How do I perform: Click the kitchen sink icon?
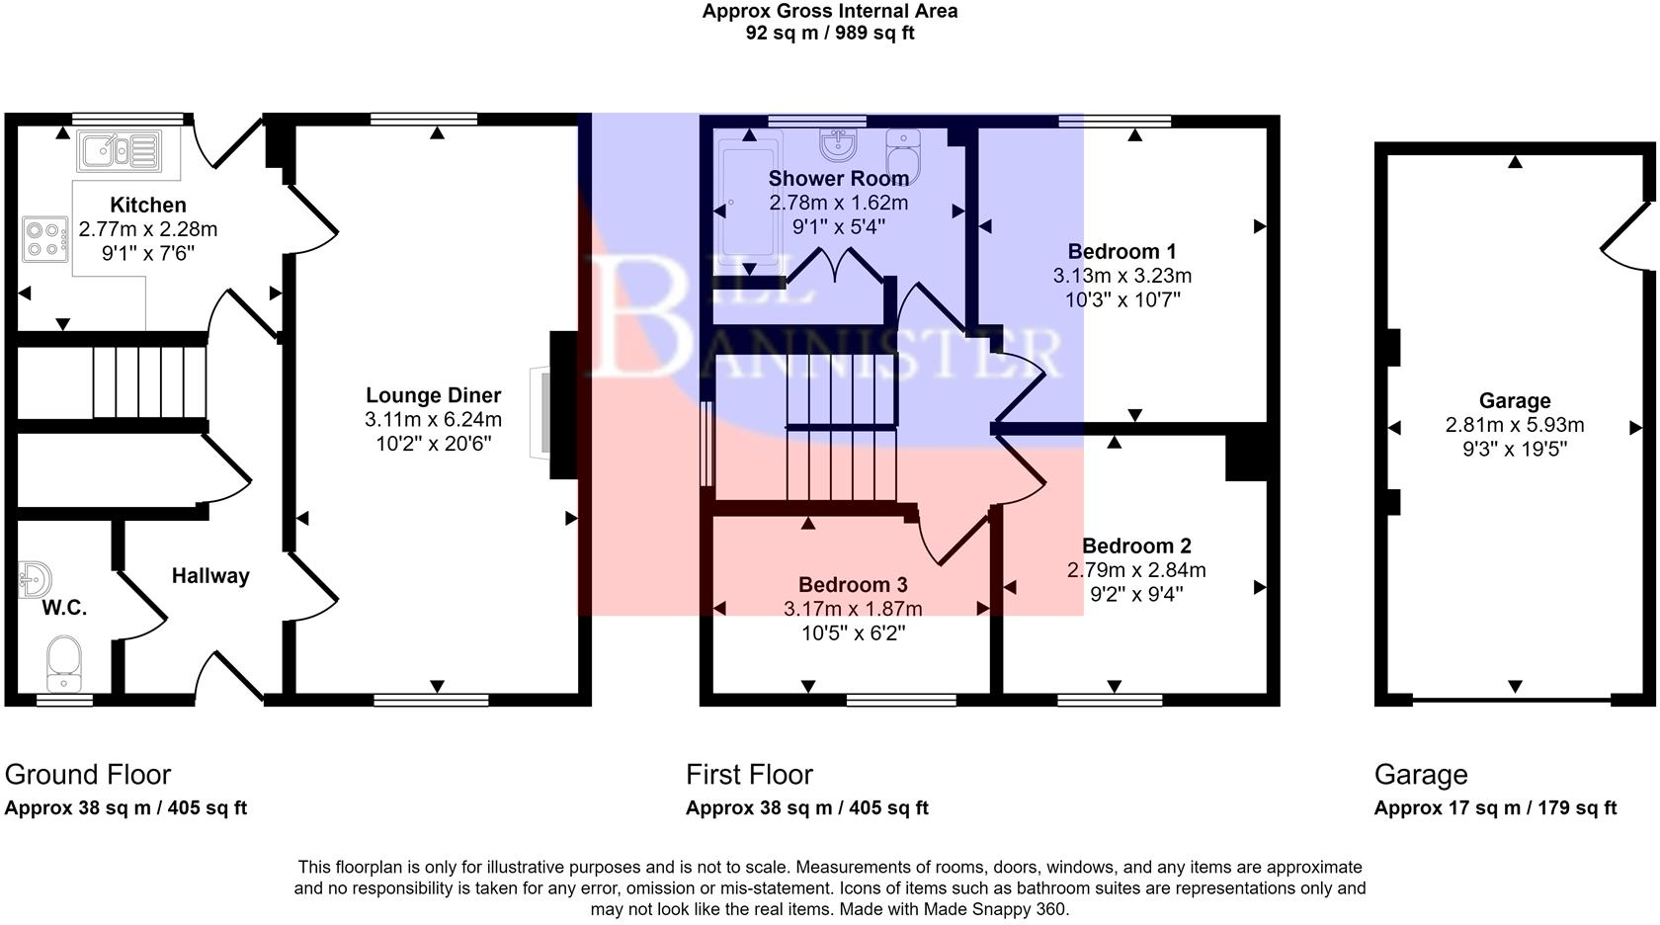(120, 152)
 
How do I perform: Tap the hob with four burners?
(44, 239)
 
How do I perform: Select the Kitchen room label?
(148, 206)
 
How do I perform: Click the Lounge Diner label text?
(433, 396)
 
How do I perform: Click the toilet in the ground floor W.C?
(64, 663)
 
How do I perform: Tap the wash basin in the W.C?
(34, 580)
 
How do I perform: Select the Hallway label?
(210, 576)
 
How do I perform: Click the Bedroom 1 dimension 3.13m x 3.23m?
(1121, 276)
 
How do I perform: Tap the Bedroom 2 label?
(1136, 547)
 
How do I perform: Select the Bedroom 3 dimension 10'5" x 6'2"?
(853, 632)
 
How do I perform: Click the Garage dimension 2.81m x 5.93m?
(1514, 426)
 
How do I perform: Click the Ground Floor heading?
(88, 775)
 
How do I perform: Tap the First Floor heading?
(749, 775)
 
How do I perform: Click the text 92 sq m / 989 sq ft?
(829, 33)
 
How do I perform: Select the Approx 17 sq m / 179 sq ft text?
(1494, 808)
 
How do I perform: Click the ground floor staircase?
(148, 381)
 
